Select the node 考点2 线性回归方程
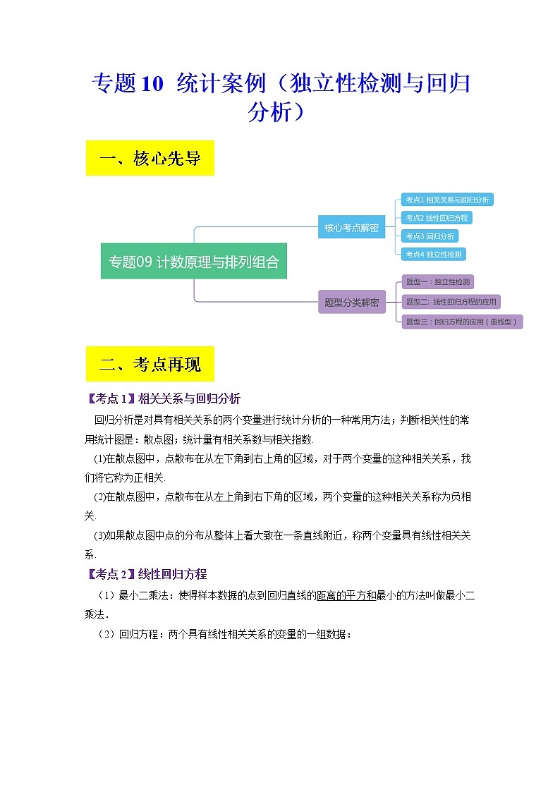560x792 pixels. [x=436, y=218]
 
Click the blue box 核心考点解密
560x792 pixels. [x=351, y=227]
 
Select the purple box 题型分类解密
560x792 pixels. [x=351, y=302]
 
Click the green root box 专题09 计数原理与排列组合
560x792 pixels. [x=194, y=262]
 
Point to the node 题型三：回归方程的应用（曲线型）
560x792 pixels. [x=462, y=322]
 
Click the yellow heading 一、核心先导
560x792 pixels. [x=150, y=159]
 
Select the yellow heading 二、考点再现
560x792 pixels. [x=150, y=364]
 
